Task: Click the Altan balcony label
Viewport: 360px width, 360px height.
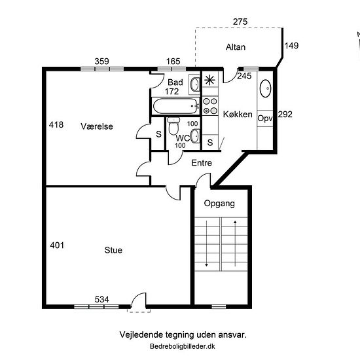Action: click(236, 47)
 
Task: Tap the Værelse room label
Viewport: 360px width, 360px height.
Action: click(97, 126)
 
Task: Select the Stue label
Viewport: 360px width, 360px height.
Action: click(113, 250)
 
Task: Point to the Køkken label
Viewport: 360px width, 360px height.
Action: click(238, 115)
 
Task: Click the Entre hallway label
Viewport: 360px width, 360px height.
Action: click(202, 163)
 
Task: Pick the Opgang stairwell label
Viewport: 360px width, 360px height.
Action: click(219, 204)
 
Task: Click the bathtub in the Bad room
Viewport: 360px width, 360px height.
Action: click(176, 106)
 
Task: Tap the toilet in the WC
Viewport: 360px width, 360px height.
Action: click(173, 126)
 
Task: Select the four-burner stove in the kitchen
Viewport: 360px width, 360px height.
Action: click(210, 106)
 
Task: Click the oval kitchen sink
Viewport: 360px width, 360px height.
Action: click(265, 88)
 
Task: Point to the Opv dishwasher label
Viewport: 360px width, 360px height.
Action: click(265, 118)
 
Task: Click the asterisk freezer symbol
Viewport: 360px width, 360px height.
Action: click(209, 80)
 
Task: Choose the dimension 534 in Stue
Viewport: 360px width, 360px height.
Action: click(101, 299)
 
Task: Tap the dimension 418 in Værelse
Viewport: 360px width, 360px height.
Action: click(56, 124)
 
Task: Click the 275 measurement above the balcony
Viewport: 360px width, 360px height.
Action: click(240, 22)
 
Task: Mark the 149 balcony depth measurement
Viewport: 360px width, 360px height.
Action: click(291, 46)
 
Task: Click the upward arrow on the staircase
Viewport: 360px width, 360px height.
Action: click(235, 243)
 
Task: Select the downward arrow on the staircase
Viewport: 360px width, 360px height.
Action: click(206, 243)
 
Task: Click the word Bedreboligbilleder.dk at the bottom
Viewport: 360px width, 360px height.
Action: click(183, 346)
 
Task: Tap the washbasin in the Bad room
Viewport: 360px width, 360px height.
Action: click(195, 84)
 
